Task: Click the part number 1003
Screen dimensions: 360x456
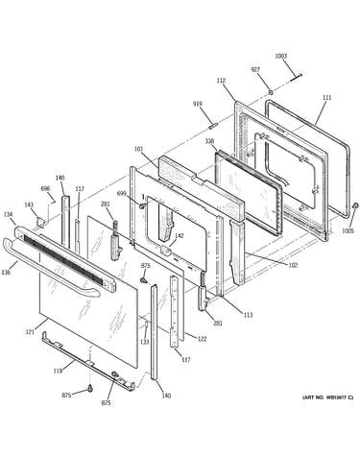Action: pyautogui.click(x=281, y=57)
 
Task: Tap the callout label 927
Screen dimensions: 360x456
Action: pyautogui.click(x=255, y=69)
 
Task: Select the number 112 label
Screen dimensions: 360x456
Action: pyautogui.click(x=221, y=81)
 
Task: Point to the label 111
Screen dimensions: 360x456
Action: pyautogui.click(x=326, y=97)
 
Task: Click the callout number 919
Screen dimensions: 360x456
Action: pyautogui.click(x=198, y=104)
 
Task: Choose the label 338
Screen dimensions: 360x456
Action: pyautogui.click(x=209, y=141)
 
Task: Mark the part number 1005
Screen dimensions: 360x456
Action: pyautogui.click(x=348, y=230)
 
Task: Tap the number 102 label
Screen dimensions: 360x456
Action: pyautogui.click(x=293, y=265)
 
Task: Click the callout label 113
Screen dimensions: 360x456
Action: pyautogui.click(x=248, y=315)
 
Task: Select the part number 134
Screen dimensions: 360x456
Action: pyautogui.click(x=9, y=214)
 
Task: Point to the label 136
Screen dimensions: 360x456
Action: pyautogui.click(x=6, y=272)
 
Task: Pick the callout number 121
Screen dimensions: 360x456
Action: pyautogui.click(x=30, y=332)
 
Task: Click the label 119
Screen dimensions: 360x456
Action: pyautogui.click(x=58, y=371)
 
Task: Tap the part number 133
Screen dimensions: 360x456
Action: pyautogui.click(x=145, y=342)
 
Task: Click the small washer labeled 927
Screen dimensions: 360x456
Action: pyautogui.click(x=271, y=92)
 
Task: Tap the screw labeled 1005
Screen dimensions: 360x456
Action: pyautogui.click(x=355, y=205)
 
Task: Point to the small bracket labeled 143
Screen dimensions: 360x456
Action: pyautogui.click(x=40, y=222)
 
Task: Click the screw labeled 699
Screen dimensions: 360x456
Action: pyautogui.click(x=140, y=205)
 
